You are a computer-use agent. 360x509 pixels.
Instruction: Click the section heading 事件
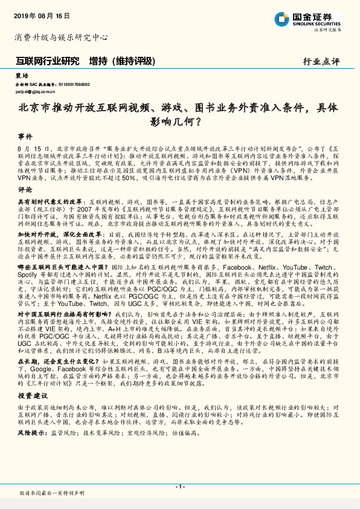(x=25, y=136)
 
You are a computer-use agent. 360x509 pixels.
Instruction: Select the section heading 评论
(x=25, y=189)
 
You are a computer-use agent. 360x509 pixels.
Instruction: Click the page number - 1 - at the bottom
(x=180, y=486)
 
